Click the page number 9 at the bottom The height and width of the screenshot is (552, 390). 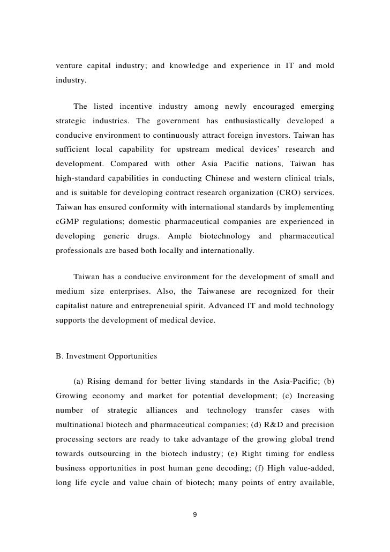pos(194,514)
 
